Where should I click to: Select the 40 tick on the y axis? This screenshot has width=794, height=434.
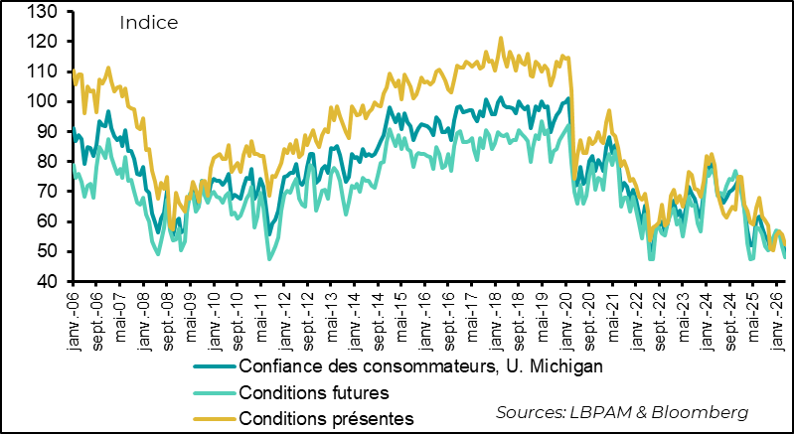(47, 281)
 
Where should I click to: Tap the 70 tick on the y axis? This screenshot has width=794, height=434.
(47, 192)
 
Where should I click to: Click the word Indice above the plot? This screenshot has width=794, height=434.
(148, 22)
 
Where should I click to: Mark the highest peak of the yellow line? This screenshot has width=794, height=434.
(500, 39)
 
